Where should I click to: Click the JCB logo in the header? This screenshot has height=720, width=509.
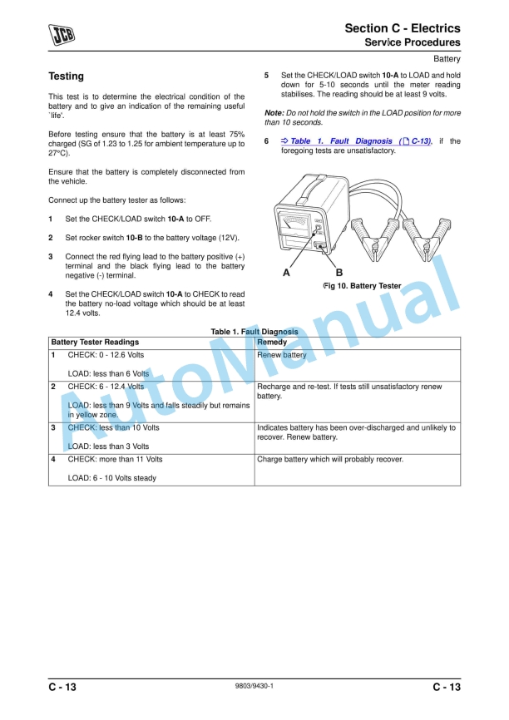point(62,34)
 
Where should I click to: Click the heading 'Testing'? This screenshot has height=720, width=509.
point(67,76)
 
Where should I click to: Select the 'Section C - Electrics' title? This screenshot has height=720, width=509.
point(403,28)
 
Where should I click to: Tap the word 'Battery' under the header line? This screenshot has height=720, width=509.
point(447,59)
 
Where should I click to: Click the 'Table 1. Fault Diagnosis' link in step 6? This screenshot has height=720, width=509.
point(360,141)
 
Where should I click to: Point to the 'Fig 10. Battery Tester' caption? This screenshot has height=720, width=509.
point(362,286)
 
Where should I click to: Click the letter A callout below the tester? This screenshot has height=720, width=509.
point(287,272)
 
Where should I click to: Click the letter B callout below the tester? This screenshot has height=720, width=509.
point(339,272)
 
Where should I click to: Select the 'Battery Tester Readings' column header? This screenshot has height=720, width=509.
point(95,343)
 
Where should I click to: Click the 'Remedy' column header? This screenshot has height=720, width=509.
point(272,343)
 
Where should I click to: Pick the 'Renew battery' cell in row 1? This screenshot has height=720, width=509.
point(282,355)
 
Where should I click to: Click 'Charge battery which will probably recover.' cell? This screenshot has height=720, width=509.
point(330,459)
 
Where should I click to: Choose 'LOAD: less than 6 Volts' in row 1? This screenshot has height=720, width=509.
point(108,373)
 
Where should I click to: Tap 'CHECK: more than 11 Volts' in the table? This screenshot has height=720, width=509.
point(115,459)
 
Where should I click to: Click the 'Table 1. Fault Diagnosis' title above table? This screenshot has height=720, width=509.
point(254,332)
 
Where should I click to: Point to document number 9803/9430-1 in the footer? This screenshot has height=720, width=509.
point(254,686)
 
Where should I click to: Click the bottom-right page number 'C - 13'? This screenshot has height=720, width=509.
point(446,687)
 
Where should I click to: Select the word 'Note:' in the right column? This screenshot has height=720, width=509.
point(274,112)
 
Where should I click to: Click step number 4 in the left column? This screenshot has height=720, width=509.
point(51,294)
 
